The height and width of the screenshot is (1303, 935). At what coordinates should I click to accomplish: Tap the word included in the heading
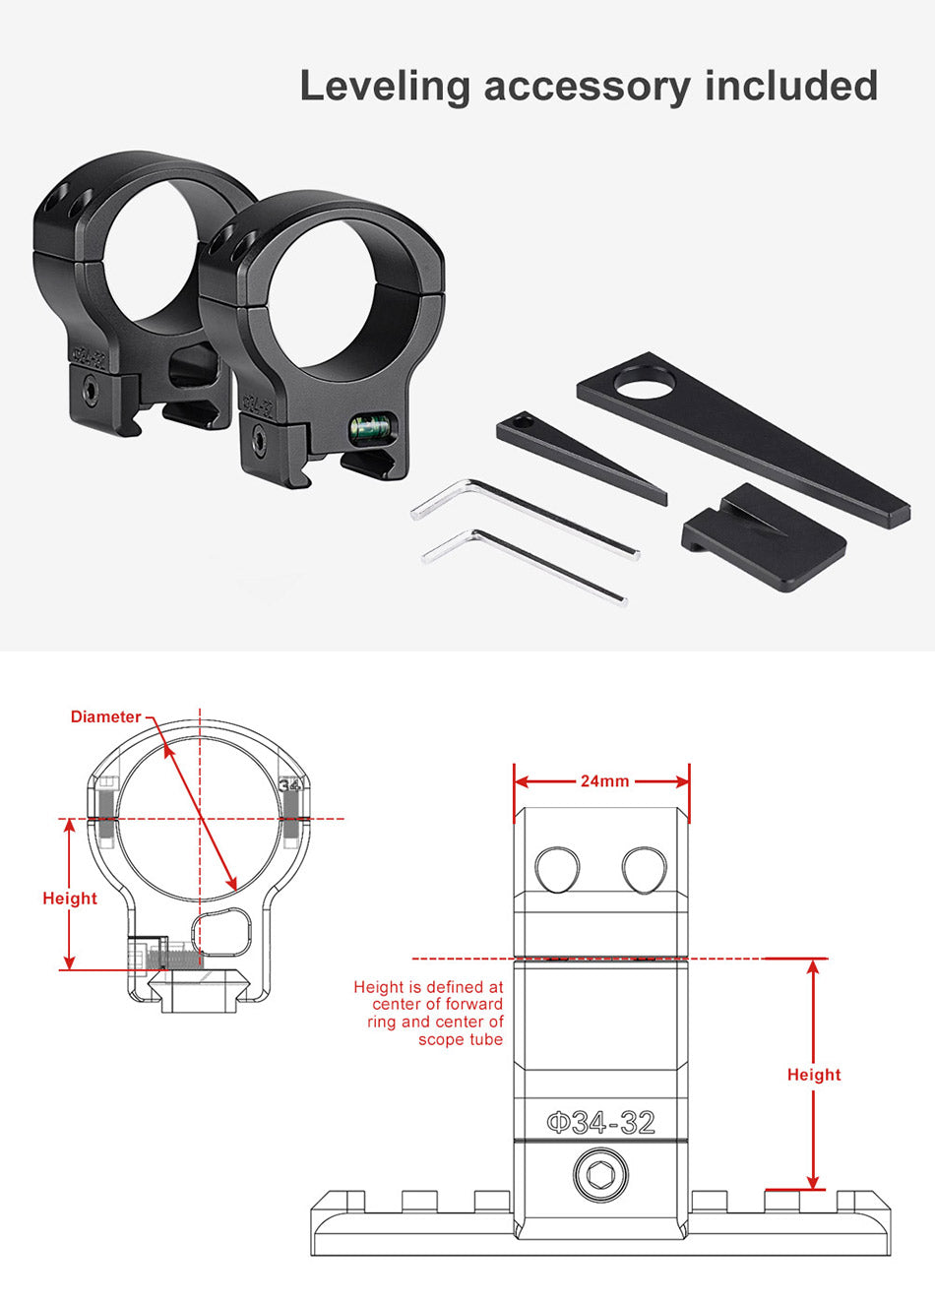(x=790, y=86)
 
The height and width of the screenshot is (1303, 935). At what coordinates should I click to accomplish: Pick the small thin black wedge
(x=582, y=458)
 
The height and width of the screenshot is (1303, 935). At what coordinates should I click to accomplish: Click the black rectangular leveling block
(x=764, y=536)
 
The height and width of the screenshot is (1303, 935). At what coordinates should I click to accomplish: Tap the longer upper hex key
(x=525, y=517)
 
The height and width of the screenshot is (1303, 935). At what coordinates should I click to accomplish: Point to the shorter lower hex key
(x=524, y=566)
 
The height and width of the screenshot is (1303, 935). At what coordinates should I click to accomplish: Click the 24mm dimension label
(x=604, y=780)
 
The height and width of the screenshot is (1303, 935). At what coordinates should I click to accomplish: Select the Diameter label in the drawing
(x=106, y=716)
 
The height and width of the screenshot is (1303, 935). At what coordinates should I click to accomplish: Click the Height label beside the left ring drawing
(x=70, y=899)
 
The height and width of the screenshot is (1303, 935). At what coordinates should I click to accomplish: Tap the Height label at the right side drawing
(x=814, y=1075)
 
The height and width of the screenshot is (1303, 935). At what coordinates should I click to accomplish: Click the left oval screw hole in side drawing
(x=557, y=869)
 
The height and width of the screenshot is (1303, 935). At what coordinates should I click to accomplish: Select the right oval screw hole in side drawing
(x=644, y=869)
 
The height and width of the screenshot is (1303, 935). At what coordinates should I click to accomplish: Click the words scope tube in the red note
(x=461, y=1039)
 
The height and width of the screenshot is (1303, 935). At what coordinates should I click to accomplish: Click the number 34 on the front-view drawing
(x=289, y=784)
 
